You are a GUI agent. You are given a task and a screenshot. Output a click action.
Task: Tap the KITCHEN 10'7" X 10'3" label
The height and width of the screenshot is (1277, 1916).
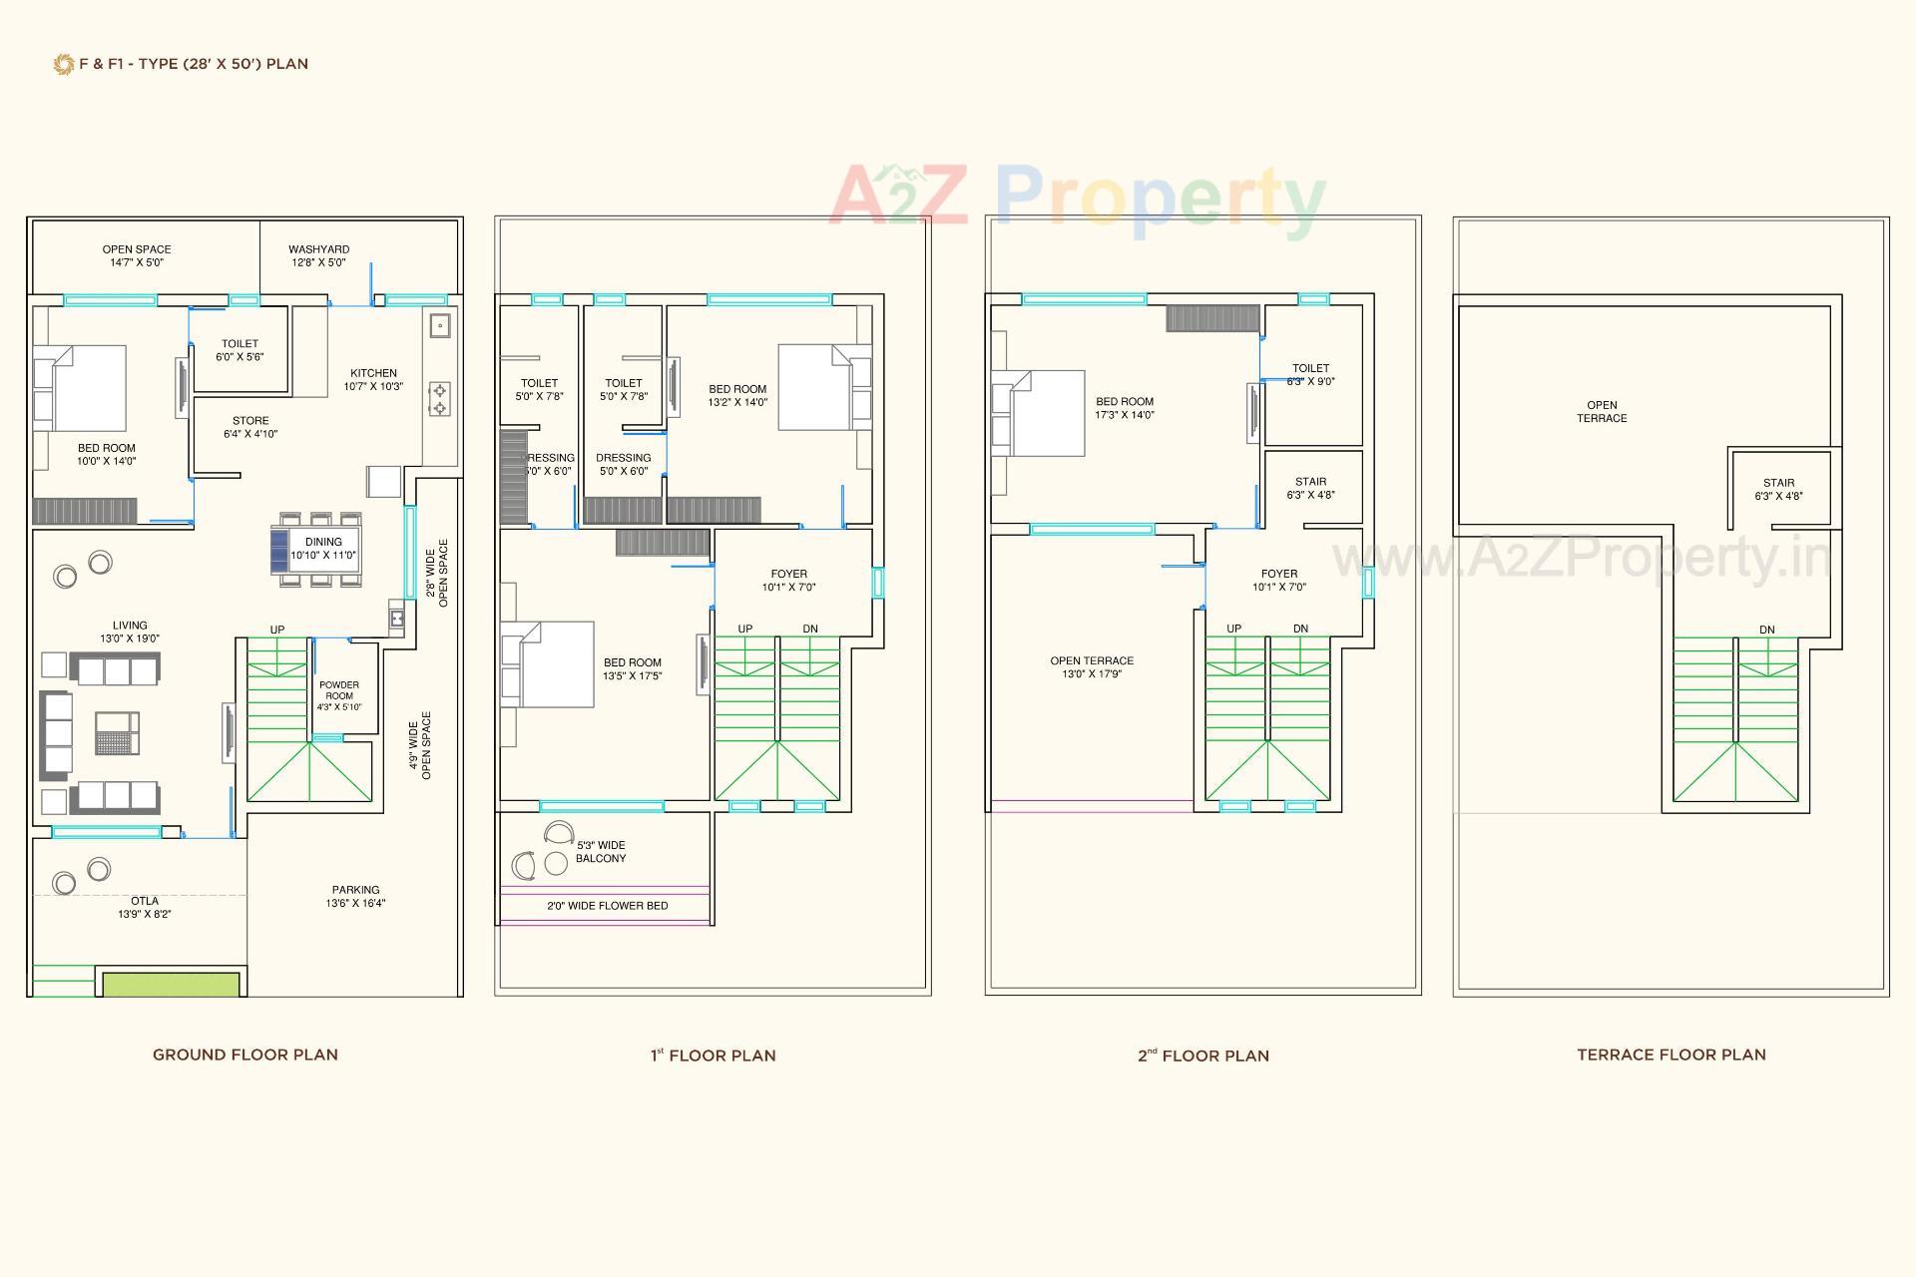tap(373, 379)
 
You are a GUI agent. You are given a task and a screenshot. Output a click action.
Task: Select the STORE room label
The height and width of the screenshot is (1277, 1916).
tap(250, 427)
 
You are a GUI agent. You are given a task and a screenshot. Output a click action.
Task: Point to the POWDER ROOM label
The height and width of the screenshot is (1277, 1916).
tap(339, 695)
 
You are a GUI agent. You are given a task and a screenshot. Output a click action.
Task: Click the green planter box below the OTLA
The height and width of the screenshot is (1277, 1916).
tap(171, 984)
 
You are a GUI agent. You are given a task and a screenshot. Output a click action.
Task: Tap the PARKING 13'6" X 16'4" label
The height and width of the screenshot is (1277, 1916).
tap(355, 896)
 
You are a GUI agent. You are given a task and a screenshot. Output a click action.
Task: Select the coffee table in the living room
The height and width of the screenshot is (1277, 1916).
tap(117, 733)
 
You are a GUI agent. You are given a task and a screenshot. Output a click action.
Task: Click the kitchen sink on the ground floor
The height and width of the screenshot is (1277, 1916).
tap(440, 325)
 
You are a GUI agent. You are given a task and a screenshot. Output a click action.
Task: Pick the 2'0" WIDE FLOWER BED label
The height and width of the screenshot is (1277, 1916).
tap(607, 906)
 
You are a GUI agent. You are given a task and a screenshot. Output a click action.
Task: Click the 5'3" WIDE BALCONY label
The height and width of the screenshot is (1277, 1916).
tap(601, 851)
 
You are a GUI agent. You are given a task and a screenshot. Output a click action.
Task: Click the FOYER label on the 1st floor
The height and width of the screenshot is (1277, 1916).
tap(788, 580)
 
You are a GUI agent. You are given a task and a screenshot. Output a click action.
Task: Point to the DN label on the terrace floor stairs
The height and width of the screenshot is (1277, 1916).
tap(1766, 630)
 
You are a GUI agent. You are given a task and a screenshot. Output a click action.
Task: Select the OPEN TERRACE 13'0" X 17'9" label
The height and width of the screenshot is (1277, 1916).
tap(1092, 666)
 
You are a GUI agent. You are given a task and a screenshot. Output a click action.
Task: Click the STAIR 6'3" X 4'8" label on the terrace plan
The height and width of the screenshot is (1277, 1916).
tap(1778, 489)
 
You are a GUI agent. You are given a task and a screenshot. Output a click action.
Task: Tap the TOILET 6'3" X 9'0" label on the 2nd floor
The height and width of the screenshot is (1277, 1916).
tap(1310, 374)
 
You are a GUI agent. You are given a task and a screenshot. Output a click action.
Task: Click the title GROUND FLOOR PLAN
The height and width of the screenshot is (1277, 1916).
tap(245, 1055)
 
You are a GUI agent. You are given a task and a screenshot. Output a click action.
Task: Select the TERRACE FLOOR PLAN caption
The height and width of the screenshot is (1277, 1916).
tap(1671, 1055)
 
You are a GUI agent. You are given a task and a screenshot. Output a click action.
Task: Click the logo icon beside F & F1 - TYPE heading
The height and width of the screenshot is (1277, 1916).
tap(64, 65)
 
